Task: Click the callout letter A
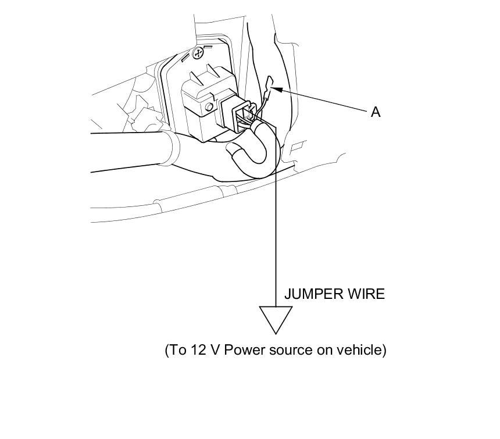[x=376, y=112]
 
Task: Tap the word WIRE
[x=365, y=294]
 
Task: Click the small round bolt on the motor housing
[x=209, y=107]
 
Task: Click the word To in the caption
[x=176, y=350]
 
